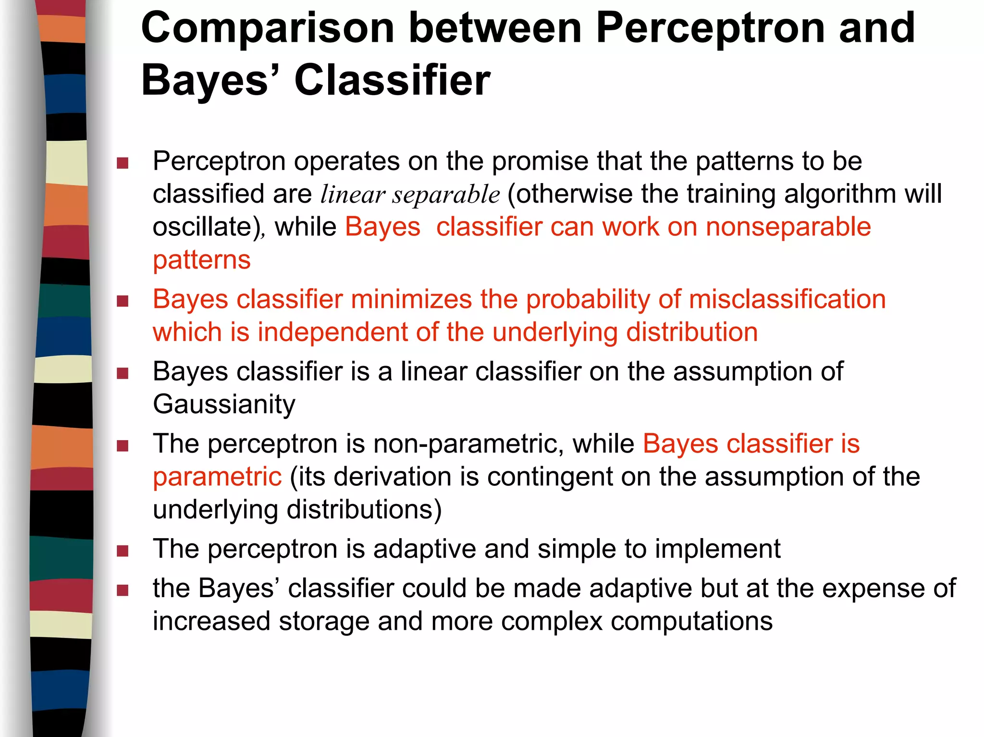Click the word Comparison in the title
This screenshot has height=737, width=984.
268,29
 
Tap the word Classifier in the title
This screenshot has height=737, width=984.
392,80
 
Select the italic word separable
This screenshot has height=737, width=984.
446,195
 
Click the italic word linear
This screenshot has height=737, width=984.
353,195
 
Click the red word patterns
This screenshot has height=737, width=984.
202,260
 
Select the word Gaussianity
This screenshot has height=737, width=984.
224,405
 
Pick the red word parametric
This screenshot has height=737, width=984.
217,477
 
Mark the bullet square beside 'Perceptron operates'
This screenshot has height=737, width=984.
123,163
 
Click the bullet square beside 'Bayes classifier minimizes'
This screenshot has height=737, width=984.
123,302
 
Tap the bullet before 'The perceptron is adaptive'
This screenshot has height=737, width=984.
123,551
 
